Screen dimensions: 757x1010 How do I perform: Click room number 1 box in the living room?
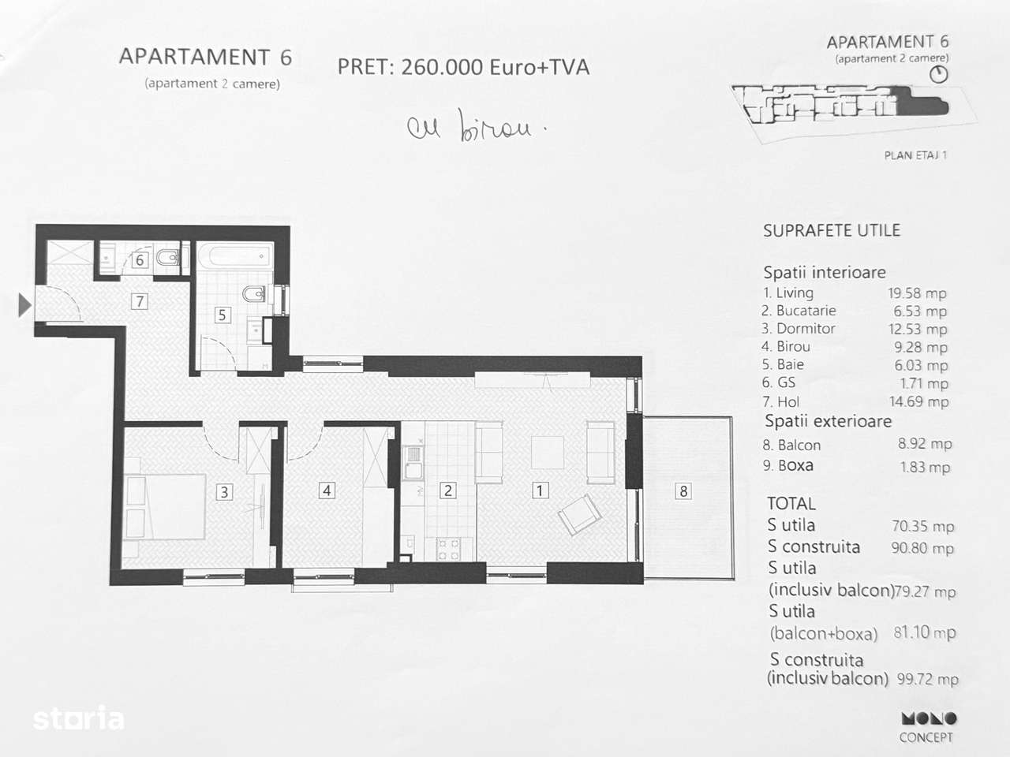click(x=540, y=490)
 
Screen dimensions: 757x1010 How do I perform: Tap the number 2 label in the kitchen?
click(x=447, y=490)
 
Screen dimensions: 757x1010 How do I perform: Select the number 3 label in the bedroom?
click(x=224, y=492)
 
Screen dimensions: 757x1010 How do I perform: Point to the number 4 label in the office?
click(x=327, y=490)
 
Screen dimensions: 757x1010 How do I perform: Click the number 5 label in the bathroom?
click(x=222, y=315)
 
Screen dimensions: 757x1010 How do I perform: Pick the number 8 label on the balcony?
click(x=683, y=491)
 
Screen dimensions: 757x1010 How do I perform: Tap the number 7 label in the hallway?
click(x=139, y=300)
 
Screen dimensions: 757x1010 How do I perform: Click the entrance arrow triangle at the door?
click(x=24, y=304)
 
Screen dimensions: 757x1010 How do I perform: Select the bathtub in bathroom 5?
click(x=234, y=257)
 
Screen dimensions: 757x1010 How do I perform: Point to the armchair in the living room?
click(x=580, y=514)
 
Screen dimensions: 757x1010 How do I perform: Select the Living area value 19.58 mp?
click(x=916, y=293)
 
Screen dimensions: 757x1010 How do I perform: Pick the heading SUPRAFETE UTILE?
click(x=831, y=231)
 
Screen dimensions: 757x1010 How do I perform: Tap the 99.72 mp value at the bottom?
click(x=927, y=679)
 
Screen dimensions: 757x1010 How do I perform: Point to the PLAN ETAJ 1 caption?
click(x=915, y=155)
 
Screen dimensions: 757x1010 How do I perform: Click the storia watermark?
click(x=78, y=718)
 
